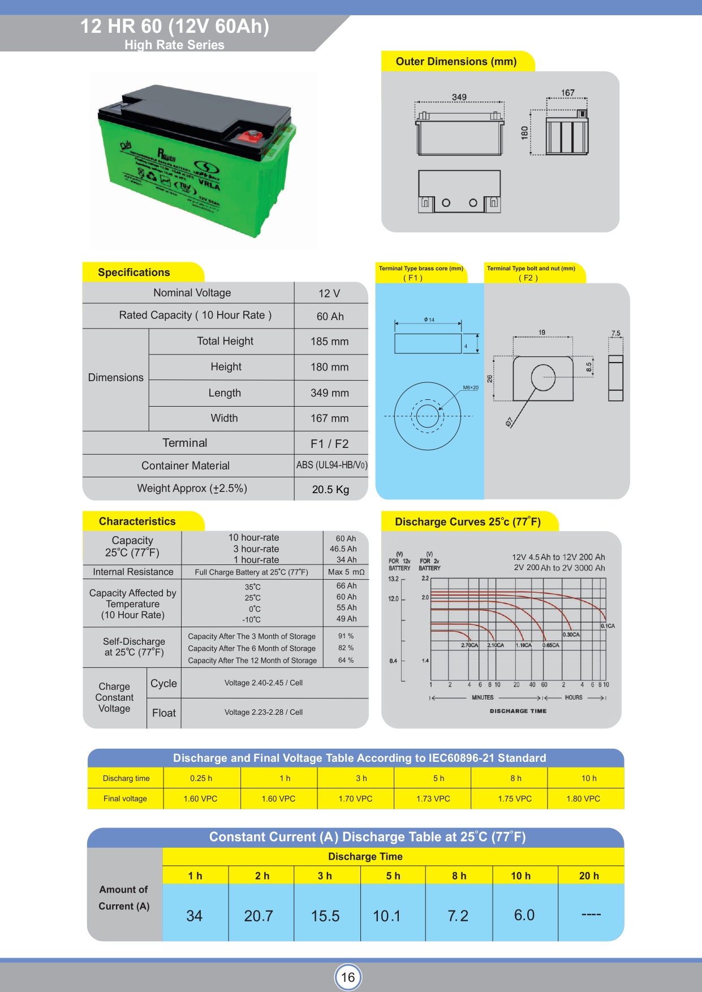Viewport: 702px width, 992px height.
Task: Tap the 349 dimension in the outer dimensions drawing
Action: coord(459,97)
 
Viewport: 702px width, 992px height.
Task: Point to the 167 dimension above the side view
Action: coord(567,93)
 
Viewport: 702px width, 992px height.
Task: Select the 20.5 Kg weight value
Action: coord(330,489)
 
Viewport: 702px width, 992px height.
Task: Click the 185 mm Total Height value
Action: coord(329,342)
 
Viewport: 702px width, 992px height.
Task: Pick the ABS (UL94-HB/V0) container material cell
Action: coord(331,465)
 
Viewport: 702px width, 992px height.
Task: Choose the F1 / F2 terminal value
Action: coord(329,444)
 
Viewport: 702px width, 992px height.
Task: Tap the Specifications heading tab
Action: coord(134,273)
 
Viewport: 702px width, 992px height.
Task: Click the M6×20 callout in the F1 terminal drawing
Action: coord(471,387)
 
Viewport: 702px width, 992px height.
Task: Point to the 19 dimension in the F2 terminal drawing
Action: coord(542,333)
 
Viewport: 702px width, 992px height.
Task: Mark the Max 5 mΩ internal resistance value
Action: coord(346,572)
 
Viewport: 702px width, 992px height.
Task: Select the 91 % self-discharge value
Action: coord(346,636)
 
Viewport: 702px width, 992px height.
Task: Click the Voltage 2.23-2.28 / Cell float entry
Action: coord(264,712)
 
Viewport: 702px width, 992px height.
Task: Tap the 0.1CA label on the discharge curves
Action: coord(608,626)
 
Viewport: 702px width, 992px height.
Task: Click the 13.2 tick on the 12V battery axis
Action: coord(393,579)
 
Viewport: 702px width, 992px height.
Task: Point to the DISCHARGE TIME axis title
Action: coord(518,711)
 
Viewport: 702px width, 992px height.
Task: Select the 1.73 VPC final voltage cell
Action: coord(433,799)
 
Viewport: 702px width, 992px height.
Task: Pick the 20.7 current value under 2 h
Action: coord(259,916)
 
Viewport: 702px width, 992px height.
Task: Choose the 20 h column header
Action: coord(589,875)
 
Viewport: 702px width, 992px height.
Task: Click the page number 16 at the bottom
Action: coord(348,977)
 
